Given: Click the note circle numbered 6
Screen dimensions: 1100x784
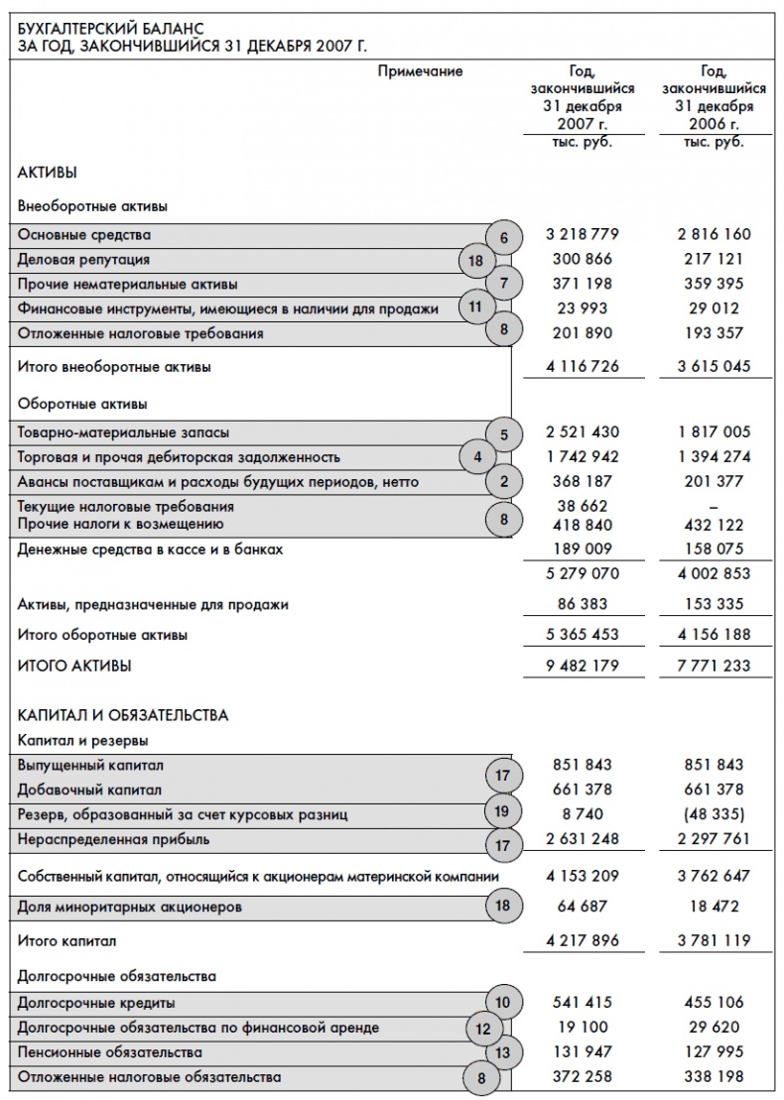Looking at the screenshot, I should coord(504,236).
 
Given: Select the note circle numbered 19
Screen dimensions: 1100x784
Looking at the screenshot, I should coord(502,812).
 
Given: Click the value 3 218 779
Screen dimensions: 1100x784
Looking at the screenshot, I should coord(583,235).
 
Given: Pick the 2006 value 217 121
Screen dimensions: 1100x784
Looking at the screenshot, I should coord(714,259).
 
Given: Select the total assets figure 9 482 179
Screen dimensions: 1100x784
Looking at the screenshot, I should coord(583,666).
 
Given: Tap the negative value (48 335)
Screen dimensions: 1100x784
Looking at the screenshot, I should coord(714,814).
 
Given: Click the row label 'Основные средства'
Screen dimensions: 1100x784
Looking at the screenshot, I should coord(84,235).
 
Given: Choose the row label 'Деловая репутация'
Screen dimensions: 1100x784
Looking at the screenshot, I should coord(84,260).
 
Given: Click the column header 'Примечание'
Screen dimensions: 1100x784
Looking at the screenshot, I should coord(420,71).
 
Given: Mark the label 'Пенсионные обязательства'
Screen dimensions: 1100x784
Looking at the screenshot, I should coord(110,1051).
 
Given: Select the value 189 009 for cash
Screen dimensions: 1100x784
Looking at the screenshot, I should coord(583,549).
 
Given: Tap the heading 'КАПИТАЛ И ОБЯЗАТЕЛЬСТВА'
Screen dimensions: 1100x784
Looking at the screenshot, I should coord(123,714).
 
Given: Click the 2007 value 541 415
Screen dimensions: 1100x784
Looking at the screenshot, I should coord(583,1002).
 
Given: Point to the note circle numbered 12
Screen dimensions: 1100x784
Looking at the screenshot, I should coord(483,1029).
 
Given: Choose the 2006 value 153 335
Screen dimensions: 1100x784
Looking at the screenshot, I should coord(714,604).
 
